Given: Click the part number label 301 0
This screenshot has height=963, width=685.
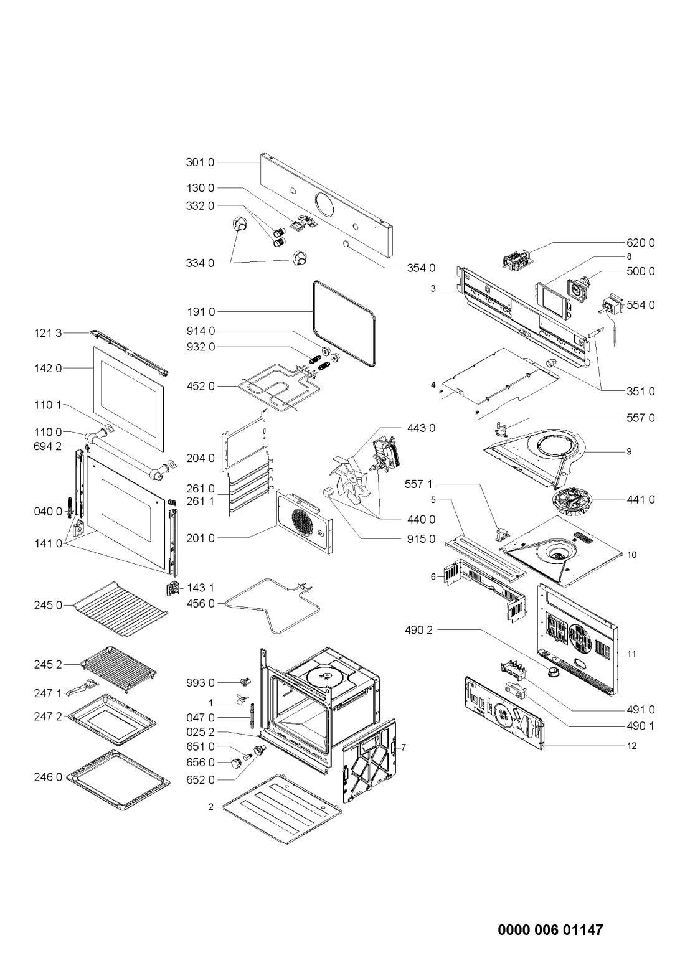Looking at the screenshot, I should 199,162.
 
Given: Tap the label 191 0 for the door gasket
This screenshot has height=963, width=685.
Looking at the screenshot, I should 199,311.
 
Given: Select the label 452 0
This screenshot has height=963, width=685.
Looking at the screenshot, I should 199,387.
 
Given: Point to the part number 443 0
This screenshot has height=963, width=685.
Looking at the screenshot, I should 421,428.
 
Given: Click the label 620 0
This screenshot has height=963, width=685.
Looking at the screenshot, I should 641,242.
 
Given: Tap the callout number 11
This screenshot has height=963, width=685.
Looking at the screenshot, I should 631,654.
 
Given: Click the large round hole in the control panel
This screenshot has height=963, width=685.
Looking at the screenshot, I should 326,204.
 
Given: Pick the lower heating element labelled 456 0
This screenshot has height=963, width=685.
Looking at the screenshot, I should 272,604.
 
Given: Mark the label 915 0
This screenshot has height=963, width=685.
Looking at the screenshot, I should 421,539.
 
